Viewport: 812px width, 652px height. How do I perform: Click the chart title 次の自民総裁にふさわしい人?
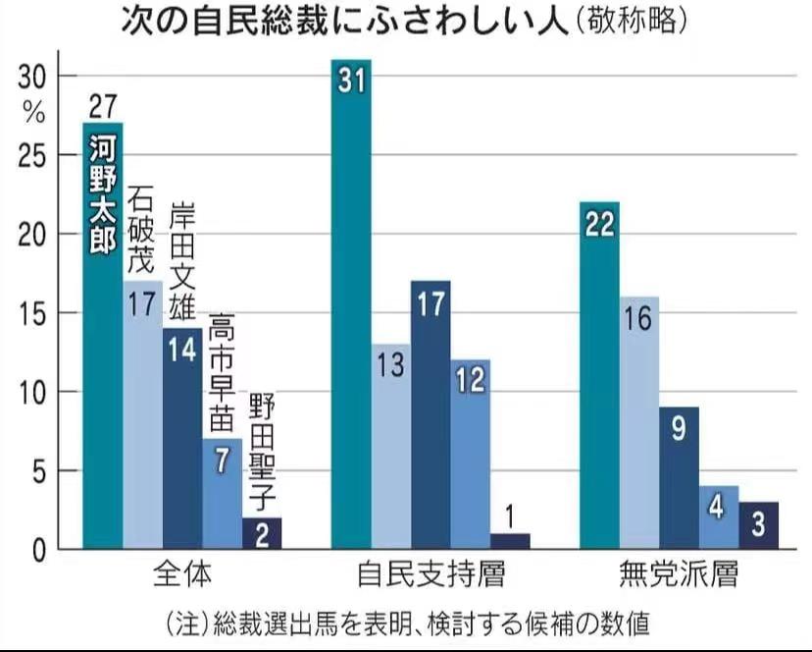(343, 21)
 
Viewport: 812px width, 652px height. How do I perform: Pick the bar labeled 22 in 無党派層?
(599, 383)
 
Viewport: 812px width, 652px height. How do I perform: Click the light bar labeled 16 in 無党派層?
(639, 422)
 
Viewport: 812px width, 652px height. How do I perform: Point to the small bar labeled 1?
(510, 540)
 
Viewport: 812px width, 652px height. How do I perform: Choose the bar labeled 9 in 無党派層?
(680, 477)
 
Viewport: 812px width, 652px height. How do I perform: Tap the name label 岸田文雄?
(182, 259)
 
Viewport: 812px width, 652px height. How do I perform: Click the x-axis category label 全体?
(182, 572)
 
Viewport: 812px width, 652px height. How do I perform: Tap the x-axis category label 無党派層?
(679, 572)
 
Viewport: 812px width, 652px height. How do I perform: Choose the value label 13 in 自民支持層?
(390, 365)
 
